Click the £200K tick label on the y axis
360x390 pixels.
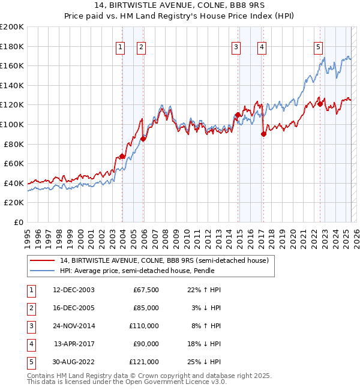pyautogui.click(x=12, y=26)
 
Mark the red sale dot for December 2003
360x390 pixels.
pyautogui.click(x=122, y=156)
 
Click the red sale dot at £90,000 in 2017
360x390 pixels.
pyautogui.click(x=263, y=134)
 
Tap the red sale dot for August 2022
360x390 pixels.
pyautogui.click(x=320, y=104)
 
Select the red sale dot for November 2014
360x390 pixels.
pyautogui.click(x=238, y=115)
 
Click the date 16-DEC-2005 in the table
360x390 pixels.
pyautogui.click(x=74, y=308)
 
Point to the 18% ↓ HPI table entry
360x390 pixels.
pyautogui.click(x=205, y=344)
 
